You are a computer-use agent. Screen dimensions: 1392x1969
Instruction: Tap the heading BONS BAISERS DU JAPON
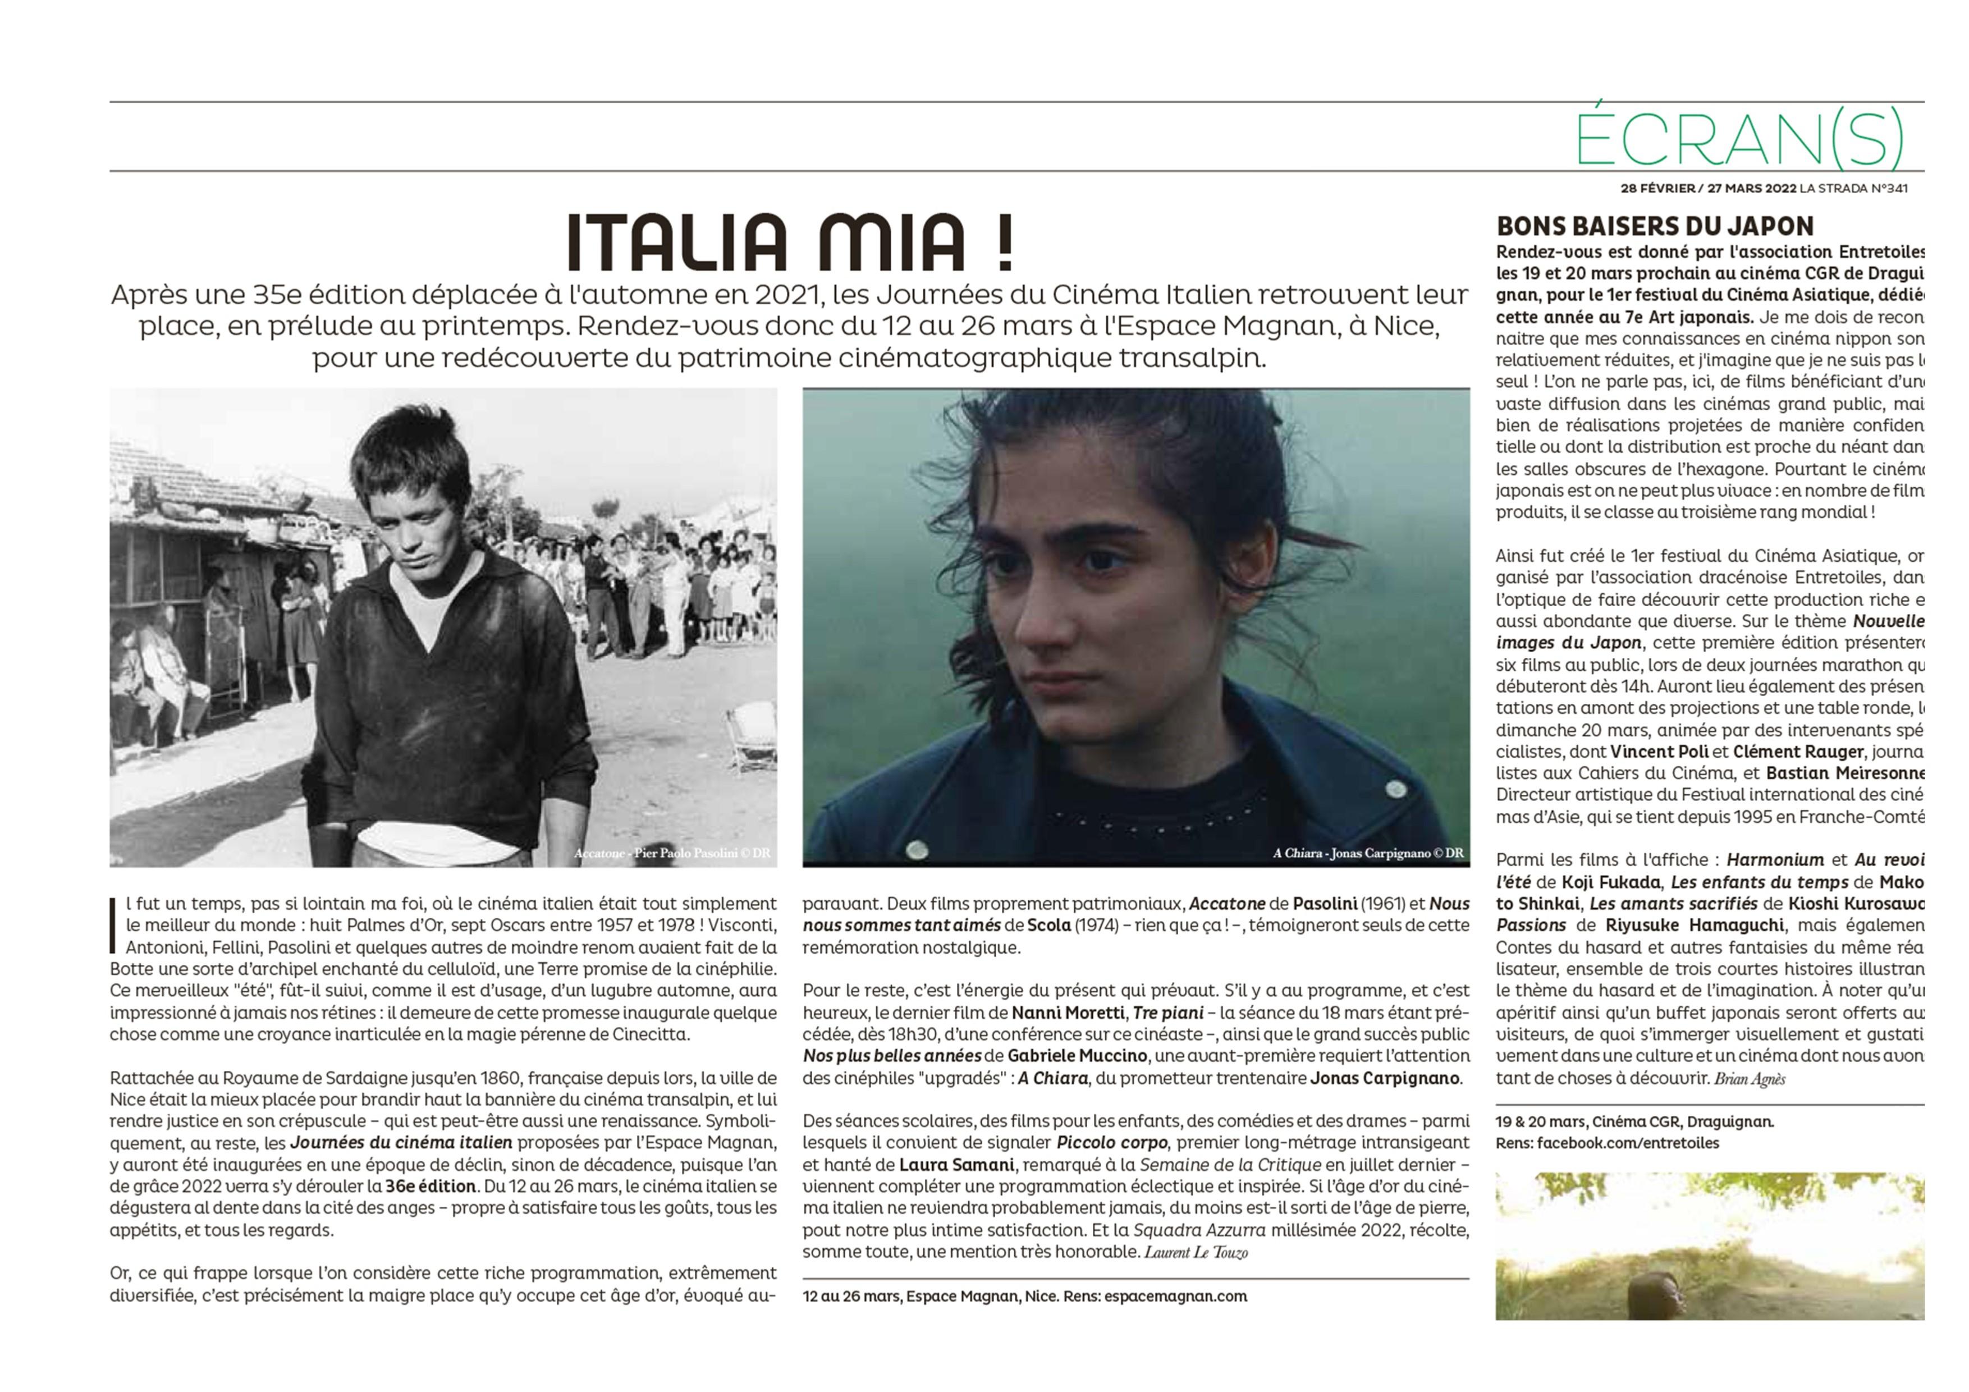tap(1655, 226)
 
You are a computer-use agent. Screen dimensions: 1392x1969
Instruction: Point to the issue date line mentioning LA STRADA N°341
tap(1764, 189)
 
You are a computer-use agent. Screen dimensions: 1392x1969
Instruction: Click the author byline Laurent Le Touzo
tap(1196, 1252)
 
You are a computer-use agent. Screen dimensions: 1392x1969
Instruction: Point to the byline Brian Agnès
tap(1750, 1079)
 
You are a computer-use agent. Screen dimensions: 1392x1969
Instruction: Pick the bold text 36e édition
tap(431, 1186)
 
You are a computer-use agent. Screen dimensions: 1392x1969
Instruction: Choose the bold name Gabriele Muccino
tap(1077, 1056)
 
